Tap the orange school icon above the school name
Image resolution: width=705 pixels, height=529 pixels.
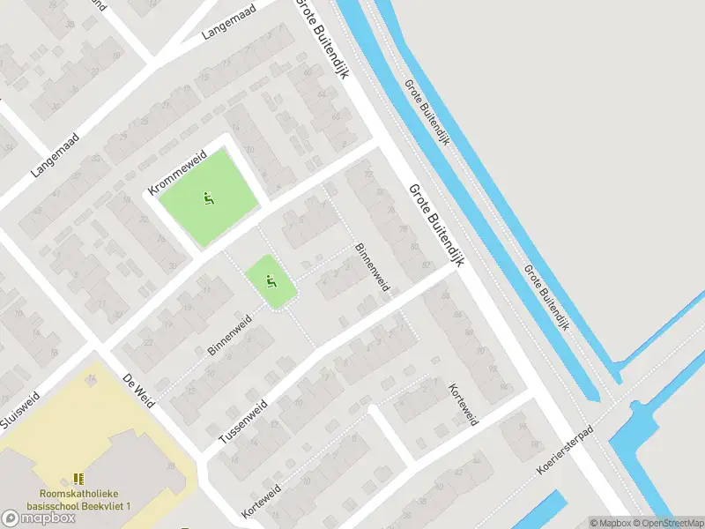(78, 479)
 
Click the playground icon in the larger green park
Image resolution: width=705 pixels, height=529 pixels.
(209, 199)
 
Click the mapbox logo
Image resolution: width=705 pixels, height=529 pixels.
(39, 518)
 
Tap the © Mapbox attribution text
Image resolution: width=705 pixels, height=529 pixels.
(611, 522)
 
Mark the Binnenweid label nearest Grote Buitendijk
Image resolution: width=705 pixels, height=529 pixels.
(371, 266)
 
